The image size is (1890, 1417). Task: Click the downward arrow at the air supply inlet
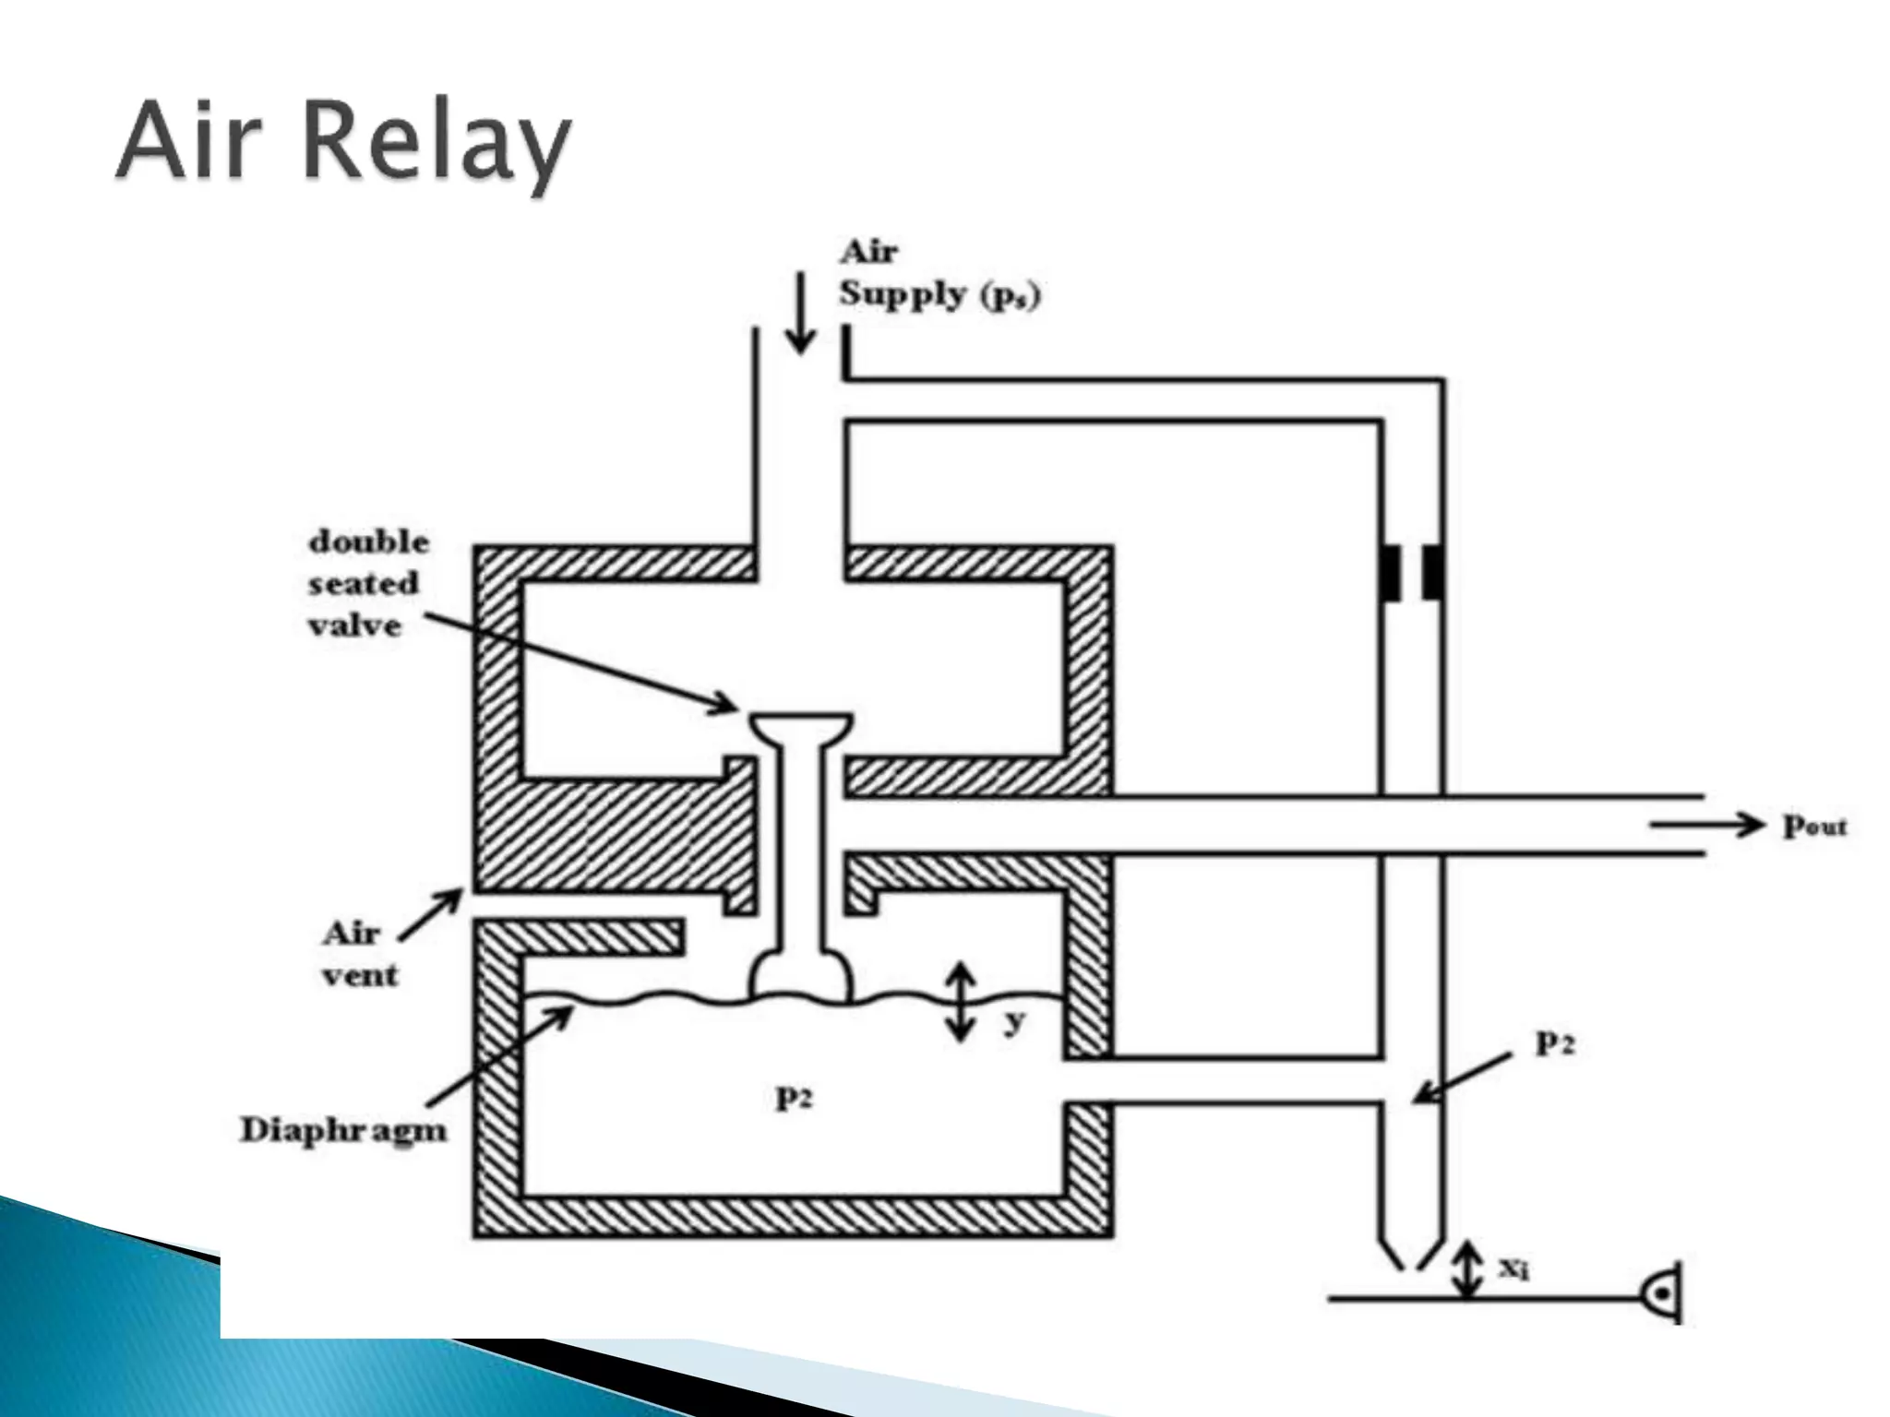801,314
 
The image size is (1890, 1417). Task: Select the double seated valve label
367,583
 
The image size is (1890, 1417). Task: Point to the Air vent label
359,954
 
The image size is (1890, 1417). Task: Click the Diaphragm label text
342,1130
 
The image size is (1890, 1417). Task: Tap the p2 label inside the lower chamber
794,1098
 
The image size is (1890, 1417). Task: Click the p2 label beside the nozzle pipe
1554,1042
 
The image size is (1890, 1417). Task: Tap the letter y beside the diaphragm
1013,1020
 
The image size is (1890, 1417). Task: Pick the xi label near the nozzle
1513,1269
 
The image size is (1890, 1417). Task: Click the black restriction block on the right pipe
1412,572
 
